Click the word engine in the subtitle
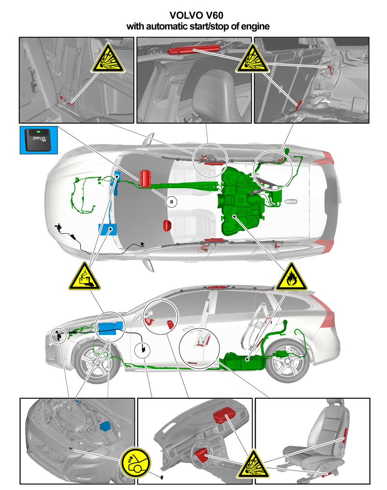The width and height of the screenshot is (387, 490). click(255, 27)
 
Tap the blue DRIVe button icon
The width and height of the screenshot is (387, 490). click(39, 140)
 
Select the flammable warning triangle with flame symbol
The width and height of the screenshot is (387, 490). click(291, 277)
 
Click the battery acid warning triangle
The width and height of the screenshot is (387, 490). click(85, 276)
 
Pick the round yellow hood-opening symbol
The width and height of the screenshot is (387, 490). click(136, 462)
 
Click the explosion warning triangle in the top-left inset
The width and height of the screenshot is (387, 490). click(108, 58)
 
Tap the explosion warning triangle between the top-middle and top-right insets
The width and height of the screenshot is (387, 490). click(252, 58)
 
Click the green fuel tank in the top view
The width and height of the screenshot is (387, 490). click(241, 202)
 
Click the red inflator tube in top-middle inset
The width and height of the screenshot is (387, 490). click(194, 49)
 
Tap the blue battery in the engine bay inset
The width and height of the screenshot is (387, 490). click(105, 427)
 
